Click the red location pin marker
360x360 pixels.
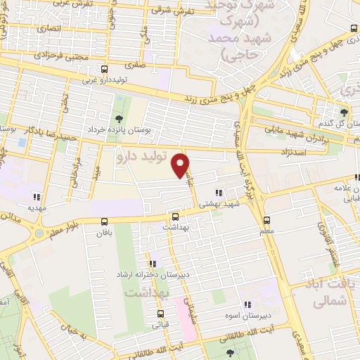click(181, 165)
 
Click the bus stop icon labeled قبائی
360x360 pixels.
click(161, 314)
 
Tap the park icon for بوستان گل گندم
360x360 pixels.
click(344, 112)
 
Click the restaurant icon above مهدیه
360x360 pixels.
click(36, 198)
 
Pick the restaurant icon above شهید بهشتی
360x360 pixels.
click(219, 193)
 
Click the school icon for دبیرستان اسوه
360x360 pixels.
click(247, 304)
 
